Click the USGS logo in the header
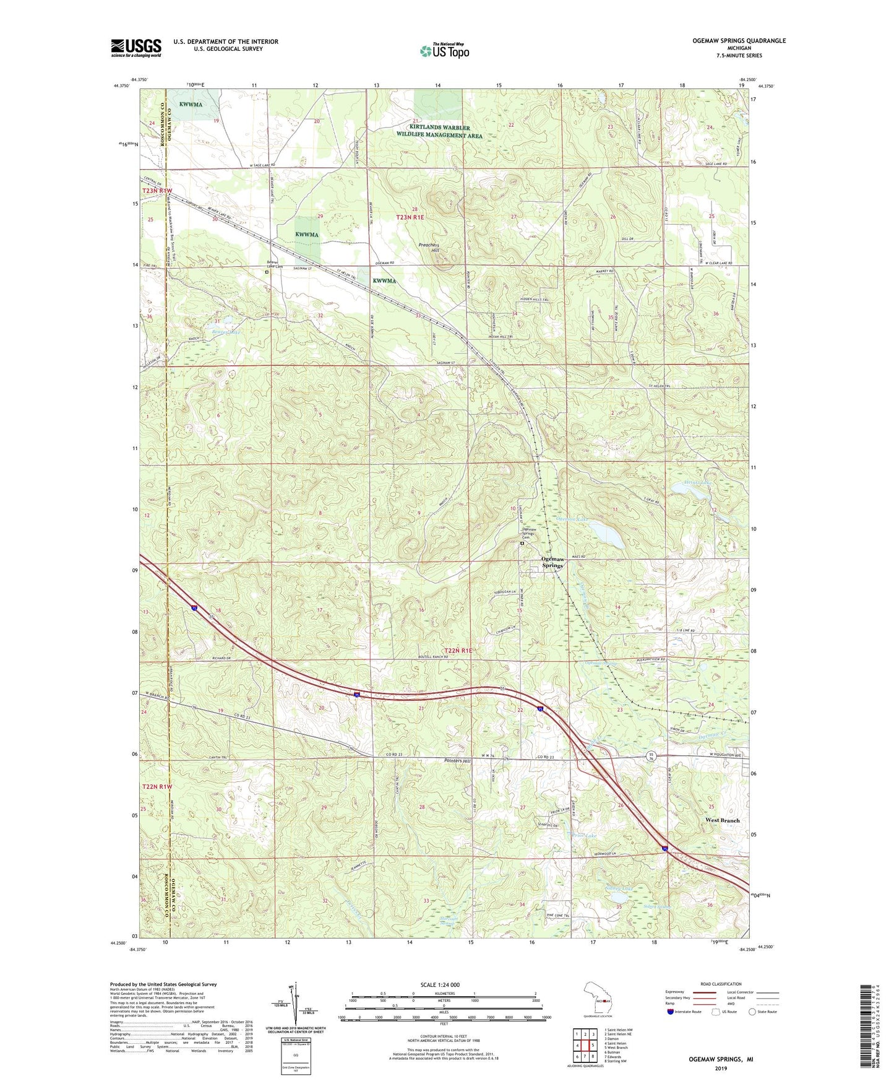(x=136, y=47)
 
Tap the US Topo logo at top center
(x=444, y=51)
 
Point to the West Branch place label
(x=722, y=820)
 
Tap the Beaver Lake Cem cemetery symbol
(x=267, y=271)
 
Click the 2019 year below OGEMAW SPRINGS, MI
(x=721, y=1068)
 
